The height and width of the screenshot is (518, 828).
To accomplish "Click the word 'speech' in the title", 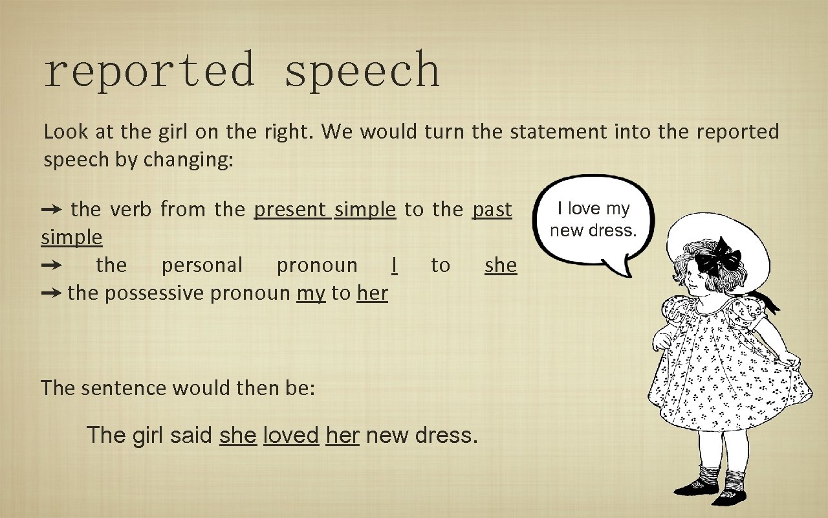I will [x=362, y=71].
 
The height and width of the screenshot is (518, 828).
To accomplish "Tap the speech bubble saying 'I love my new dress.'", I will [x=593, y=220].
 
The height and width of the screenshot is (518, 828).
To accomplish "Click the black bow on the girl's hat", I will [x=718, y=257].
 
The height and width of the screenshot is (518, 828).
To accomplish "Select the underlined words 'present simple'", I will [x=325, y=209].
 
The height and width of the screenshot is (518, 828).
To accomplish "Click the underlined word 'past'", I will [x=492, y=209].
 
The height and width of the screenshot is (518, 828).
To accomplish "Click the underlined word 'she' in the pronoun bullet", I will [x=501, y=265].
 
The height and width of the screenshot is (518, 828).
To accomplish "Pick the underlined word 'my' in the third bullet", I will [x=311, y=293].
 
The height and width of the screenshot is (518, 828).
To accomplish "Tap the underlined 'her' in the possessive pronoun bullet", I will [x=372, y=293].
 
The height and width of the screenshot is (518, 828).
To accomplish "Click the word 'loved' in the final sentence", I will [x=291, y=434].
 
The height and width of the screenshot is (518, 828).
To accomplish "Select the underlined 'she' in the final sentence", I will [x=238, y=434].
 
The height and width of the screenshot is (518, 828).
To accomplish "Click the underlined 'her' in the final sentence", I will [x=342, y=434].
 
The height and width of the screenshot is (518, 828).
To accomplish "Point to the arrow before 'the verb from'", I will [x=52, y=209].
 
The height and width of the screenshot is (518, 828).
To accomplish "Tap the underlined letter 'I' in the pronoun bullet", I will [x=394, y=265].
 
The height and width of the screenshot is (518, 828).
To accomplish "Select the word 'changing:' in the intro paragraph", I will [x=188, y=160].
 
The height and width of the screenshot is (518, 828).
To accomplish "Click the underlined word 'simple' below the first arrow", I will [x=72, y=238].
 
